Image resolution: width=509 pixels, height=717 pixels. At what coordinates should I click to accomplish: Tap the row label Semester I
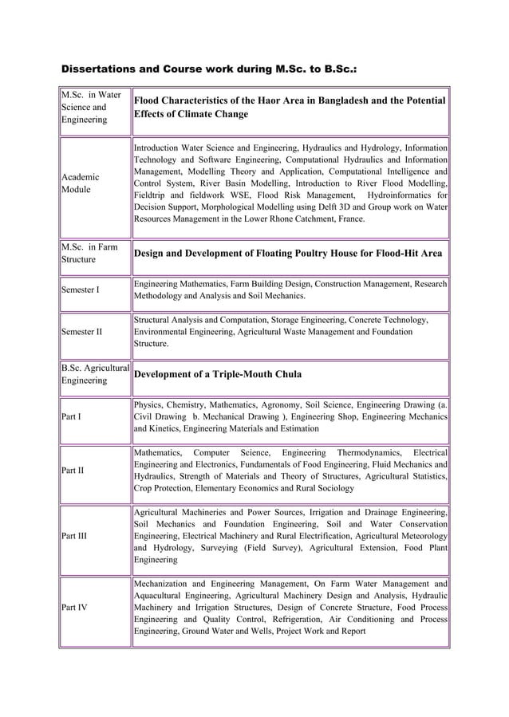pos(81,290)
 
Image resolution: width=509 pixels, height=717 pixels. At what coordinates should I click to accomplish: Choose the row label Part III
pos(77,536)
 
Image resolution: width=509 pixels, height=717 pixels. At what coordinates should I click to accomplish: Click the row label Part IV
pos(77,607)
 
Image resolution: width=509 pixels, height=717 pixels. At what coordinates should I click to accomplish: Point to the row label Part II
pos(76,470)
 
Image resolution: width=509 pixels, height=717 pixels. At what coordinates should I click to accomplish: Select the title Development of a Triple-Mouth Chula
pos(217,374)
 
